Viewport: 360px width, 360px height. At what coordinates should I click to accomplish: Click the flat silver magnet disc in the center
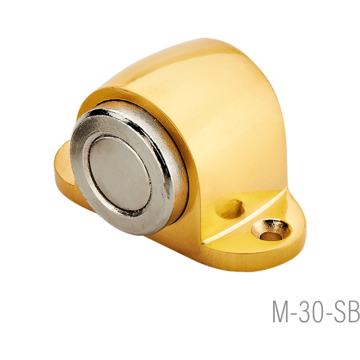pyautogui.click(x=120, y=174)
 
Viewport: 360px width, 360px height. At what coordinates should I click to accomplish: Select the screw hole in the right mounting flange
pyautogui.click(x=271, y=230)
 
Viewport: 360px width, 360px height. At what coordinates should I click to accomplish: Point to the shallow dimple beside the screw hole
pyautogui.click(x=230, y=209)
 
